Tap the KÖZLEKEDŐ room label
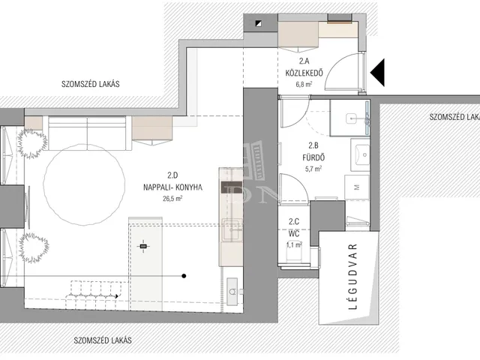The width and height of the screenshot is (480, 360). click(304, 73)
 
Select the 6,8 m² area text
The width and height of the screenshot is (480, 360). click(304, 84)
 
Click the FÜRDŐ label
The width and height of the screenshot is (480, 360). click(313, 157)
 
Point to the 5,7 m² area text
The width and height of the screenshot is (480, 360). click(313, 169)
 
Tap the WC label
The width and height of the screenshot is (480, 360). click(294, 234)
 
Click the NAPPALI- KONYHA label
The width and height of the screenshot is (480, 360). click(172, 187)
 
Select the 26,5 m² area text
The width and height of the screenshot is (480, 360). click(172, 199)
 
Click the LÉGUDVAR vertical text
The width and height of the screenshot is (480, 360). click(353, 277)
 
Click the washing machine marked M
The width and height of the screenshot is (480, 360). click(357, 187)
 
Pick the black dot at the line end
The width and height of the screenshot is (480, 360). click(184, 276)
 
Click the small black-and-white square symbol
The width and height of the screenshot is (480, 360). click(259, 23)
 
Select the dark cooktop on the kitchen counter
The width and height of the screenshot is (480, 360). click(232, 187)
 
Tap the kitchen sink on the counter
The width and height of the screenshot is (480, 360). click(232, 229)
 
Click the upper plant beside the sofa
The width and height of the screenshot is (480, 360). click(32, 144)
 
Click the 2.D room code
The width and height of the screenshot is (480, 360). click(172, 175)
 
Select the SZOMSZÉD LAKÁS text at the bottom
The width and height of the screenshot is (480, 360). click(103, 340)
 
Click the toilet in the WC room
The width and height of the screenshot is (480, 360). click(293, 253)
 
